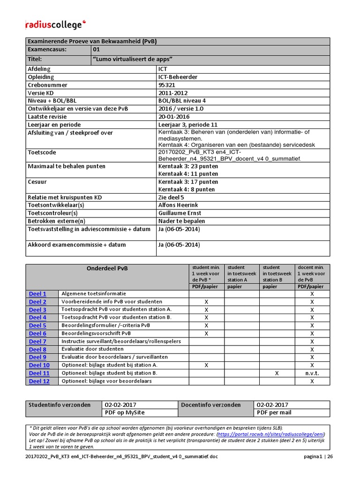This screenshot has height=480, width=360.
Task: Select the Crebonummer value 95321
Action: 167,85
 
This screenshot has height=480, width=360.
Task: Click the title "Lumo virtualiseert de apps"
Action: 133,59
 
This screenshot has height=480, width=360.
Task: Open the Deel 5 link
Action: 37,325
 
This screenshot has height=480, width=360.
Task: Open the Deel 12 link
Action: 39,381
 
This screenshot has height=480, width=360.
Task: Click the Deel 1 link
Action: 37,294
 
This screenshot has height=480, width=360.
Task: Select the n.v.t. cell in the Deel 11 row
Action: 312,373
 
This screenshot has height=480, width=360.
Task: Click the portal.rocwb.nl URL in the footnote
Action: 273,434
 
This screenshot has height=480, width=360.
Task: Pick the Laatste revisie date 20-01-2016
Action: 174,117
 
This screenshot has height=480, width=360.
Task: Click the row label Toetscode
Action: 42,152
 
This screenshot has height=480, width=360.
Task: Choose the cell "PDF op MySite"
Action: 125,412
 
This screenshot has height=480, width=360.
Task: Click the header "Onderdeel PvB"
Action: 107,269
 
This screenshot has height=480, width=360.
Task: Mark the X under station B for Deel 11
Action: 277,373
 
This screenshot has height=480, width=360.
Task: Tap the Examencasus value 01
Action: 97,49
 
